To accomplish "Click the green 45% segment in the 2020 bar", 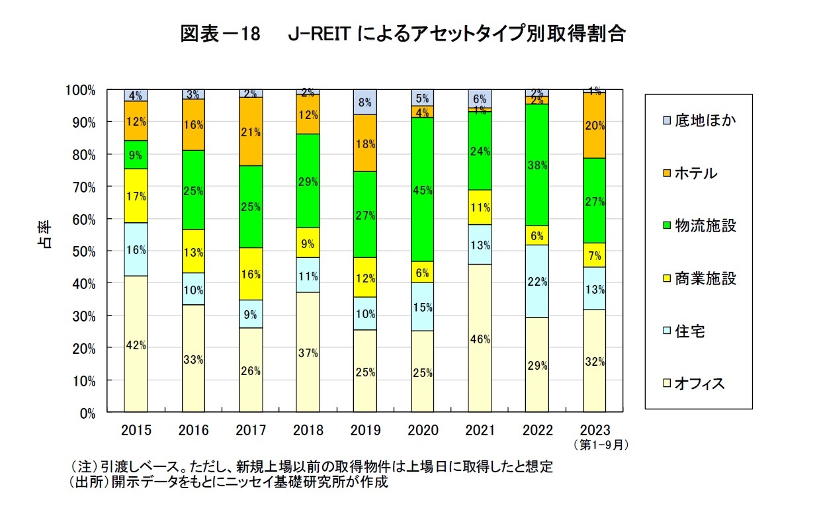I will coord(422,190).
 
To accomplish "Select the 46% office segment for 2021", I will coord(480,339).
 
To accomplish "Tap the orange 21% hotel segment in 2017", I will coord(251,131).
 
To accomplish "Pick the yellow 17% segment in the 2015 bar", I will coord(136,196).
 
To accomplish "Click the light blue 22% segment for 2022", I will coord(537,281).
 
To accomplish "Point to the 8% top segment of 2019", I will coord(365,102).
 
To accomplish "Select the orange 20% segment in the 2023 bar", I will coord(594,125).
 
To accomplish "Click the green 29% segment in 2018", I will coord(308,181).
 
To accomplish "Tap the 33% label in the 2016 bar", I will coord(194,360).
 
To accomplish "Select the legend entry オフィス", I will coord(699,384).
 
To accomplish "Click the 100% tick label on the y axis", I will coord(80,90).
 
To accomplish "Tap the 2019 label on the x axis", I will coord(365,431).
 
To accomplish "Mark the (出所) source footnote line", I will coord(228,482).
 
